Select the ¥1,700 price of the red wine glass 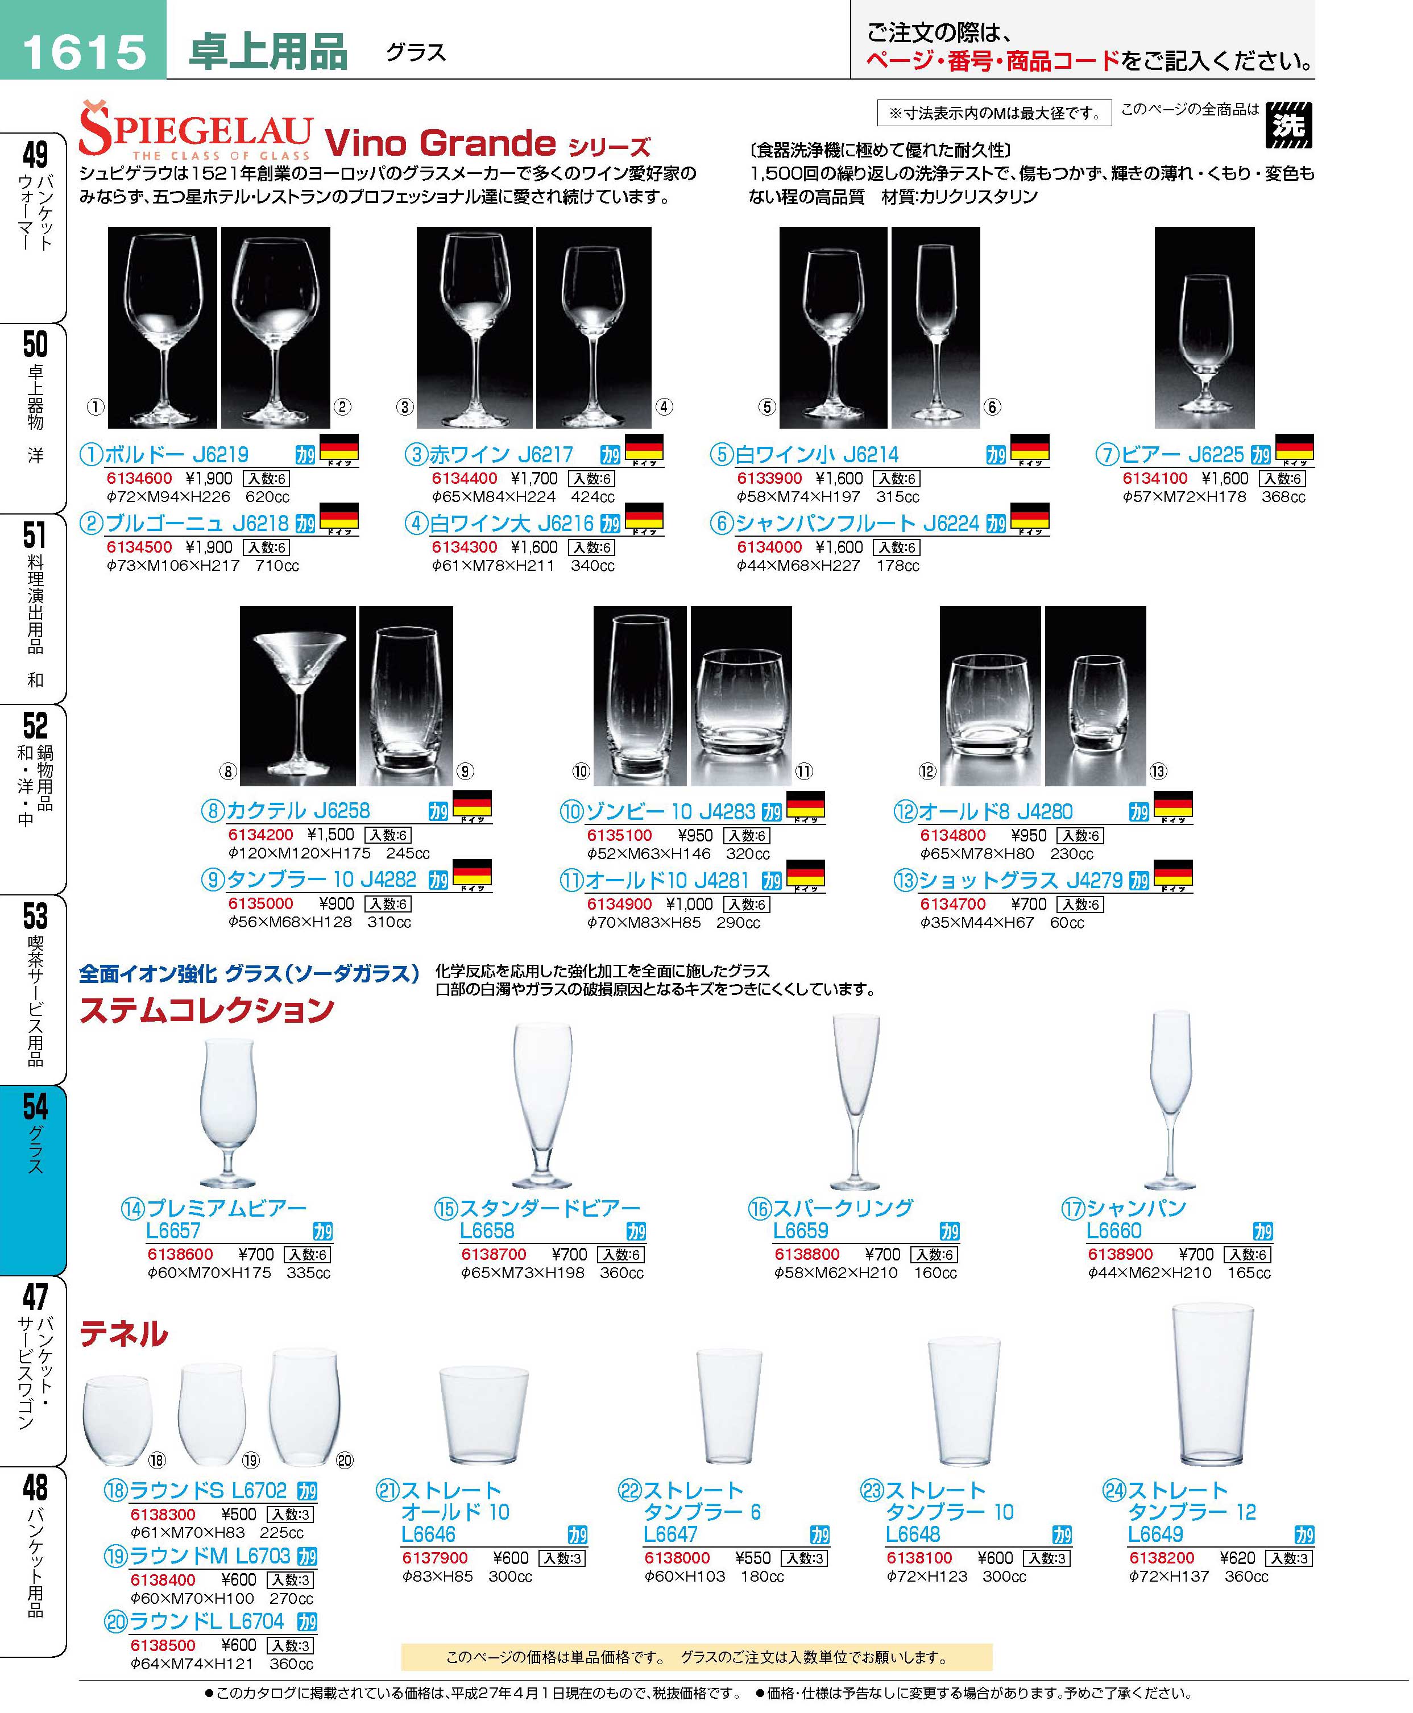pyautogui.click(x=534, y=479)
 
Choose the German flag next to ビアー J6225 pyautogui.click(x=1294, y=450)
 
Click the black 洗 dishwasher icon pyautogui.click(x=1288, y=125)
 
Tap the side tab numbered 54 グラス pyautogui.click(x=34, y=1179)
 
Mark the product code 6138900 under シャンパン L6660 pyautogui.click(x=1121, y=1254)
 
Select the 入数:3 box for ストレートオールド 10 pyautogui.click(x=562, y=1558)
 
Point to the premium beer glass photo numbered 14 pyautogui.click(x=229, y=1113)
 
